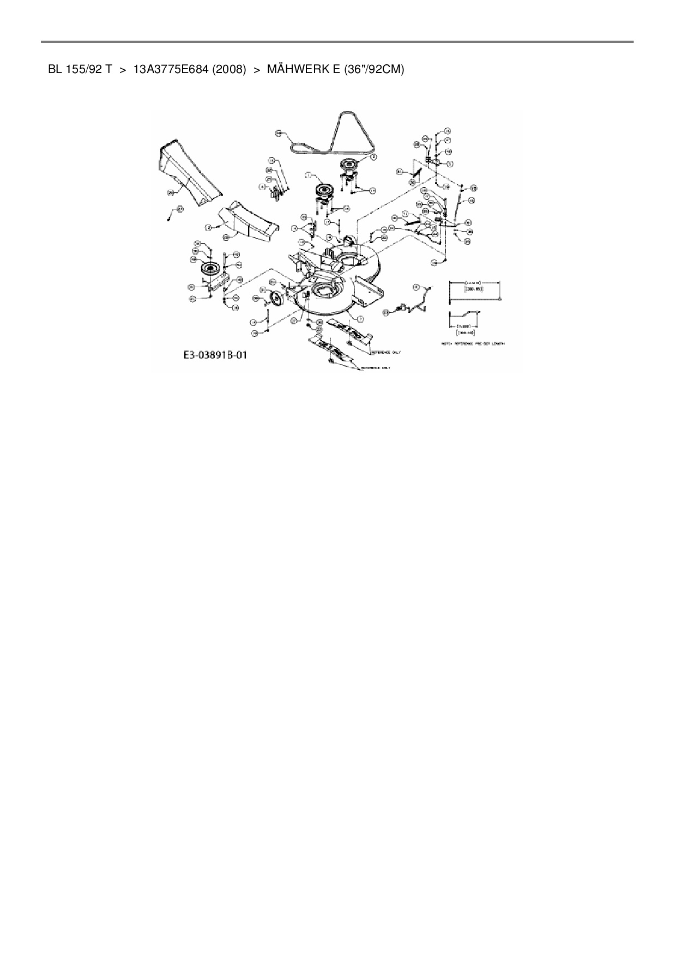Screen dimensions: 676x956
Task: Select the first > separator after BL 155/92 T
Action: click(123, 70)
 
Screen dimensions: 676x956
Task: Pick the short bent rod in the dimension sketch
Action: click(463, 315)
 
